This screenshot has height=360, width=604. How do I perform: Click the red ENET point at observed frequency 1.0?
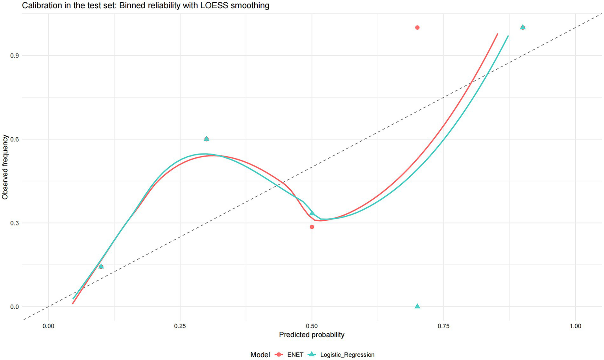tap(417, 28)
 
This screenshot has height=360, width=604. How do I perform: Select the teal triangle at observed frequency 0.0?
tap(417, 306)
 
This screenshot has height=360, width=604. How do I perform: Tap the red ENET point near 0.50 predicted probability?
tap(312, 227)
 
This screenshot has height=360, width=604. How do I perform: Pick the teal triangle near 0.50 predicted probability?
tap(312, 213)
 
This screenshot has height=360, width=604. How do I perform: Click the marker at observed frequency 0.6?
tap(207, 139)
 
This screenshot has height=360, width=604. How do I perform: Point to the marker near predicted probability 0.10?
tap(101, 266)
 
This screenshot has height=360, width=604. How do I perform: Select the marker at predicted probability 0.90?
tap(523, 27)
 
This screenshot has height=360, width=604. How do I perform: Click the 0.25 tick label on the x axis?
tap(180, 326)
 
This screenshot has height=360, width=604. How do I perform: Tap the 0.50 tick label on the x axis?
tap(312, 326)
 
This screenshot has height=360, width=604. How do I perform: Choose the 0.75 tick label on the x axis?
tap(444, 326)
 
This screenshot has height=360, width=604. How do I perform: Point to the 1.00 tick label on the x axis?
tap(575, 326)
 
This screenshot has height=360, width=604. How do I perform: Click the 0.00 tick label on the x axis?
tap(48, 326)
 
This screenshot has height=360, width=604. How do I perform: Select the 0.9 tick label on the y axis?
tap(14, 55)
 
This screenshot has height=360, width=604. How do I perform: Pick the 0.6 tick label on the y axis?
tap(14, 139)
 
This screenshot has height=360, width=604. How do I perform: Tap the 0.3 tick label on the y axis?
tap(14, 223)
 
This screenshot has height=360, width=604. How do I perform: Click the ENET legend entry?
tap(295, 354)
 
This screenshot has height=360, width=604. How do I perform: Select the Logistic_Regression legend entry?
tap(347, 354)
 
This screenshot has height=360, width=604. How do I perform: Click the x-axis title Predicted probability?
tap(312, 335)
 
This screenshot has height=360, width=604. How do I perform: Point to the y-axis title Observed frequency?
tap(5, 167)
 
